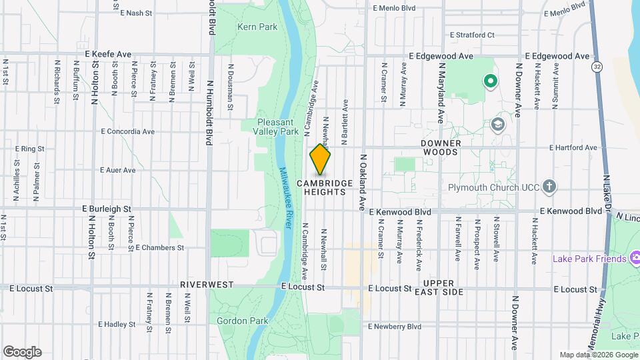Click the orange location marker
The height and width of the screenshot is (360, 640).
pos(320,160)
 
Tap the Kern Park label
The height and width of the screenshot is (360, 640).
pos(257,27)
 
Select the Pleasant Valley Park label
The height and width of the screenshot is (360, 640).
pos(279,127)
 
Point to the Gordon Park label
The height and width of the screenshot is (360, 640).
pos(242,321)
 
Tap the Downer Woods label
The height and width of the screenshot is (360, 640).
pos(439,147)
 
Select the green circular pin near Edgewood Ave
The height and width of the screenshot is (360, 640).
pos(491,83)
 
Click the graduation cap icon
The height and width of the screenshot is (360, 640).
pos(497,124)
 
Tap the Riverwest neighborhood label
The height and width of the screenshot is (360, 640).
pos(207,285)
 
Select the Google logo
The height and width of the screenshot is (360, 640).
pos(21,352)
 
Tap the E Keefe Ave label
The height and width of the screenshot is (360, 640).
pos(108,54)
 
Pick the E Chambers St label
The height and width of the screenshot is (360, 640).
pos(159,247)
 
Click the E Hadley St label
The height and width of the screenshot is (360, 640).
pos(117,325)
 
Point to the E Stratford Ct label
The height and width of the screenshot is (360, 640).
pos(472,35)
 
